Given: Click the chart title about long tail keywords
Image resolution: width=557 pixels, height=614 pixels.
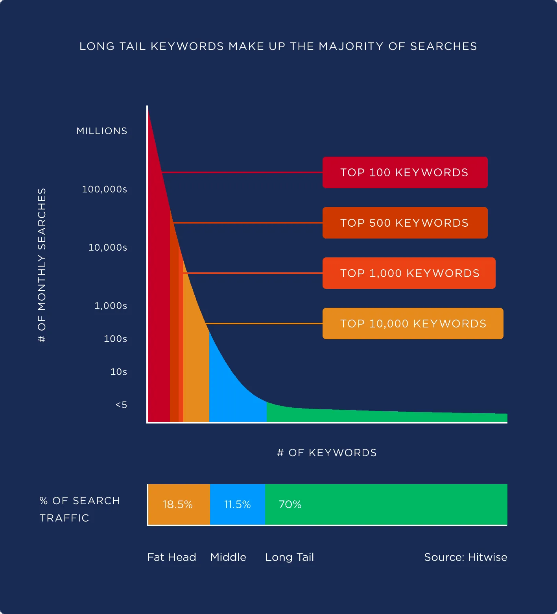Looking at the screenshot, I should (278, 46).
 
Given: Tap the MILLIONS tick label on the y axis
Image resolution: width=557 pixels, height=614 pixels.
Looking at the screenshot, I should (102, 131).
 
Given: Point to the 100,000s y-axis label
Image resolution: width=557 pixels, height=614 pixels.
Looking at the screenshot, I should (105, 189).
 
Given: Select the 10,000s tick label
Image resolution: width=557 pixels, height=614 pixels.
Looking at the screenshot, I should (108, 248).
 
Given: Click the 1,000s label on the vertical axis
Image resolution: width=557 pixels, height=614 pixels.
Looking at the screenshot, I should (111, 306).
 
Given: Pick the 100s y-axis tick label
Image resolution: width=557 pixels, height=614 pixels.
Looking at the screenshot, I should (115, 339).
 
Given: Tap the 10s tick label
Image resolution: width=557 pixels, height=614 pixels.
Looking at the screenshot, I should (118, 372).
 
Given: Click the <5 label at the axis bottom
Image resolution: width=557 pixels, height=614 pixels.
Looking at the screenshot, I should (121, 405).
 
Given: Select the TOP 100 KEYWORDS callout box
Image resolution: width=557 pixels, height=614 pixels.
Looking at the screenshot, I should (405, 172).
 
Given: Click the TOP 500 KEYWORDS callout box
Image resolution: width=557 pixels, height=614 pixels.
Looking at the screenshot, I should (405, 223).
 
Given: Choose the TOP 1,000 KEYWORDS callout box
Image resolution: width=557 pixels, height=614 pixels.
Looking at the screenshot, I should (409, 273).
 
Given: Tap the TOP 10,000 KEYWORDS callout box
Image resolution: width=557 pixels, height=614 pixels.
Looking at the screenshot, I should (413, 324).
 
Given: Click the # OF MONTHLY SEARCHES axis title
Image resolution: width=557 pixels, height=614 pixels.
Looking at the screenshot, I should (42, 265).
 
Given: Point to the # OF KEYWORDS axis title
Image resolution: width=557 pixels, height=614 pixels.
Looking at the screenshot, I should (327, 453).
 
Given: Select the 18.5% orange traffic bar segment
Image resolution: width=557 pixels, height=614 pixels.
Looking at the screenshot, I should (178, 505).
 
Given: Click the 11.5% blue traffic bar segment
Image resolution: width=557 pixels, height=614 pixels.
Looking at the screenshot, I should (237, 505).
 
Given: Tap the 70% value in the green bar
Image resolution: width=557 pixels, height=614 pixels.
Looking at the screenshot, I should (290, 505).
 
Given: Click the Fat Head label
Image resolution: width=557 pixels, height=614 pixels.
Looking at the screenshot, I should (172, 557).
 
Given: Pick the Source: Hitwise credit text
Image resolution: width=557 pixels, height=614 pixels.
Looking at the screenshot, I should (465, 557).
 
